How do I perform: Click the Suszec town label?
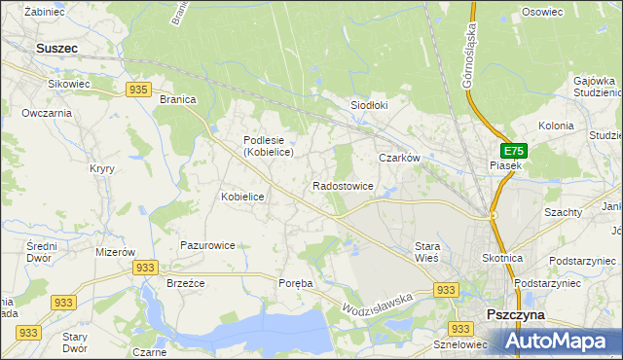55,46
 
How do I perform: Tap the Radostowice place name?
343,185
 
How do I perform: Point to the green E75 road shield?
514,151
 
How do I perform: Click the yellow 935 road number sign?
138,90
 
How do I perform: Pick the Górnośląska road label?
471,56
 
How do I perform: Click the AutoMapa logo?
562,341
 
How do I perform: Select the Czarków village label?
399,158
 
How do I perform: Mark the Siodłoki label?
369,105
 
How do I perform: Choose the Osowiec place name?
542,12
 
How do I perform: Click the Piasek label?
506,165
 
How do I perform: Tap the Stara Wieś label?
427,252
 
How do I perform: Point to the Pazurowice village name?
207,245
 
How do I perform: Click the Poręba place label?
296,283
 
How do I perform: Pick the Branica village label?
178,99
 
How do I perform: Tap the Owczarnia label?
47,113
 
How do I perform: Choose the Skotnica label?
502,258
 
